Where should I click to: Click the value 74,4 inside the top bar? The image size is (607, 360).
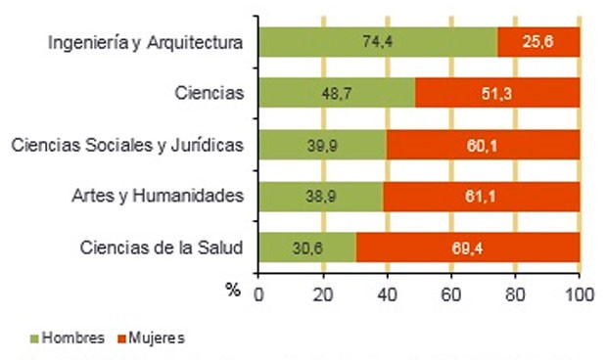tap(377, 42)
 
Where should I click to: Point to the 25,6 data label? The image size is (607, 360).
tap(538, 42)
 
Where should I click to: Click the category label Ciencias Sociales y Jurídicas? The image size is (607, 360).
tap(126, 146)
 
